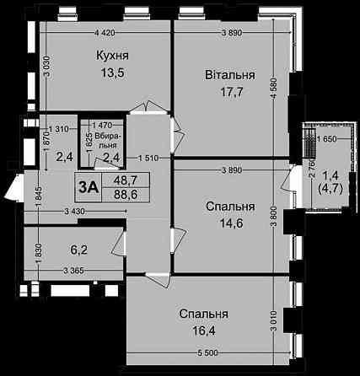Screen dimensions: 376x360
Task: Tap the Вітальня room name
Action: (x=228, y=75)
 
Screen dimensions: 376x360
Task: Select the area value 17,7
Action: (x=228, y=94)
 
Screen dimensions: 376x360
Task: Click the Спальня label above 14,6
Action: (x=229, y=206)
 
